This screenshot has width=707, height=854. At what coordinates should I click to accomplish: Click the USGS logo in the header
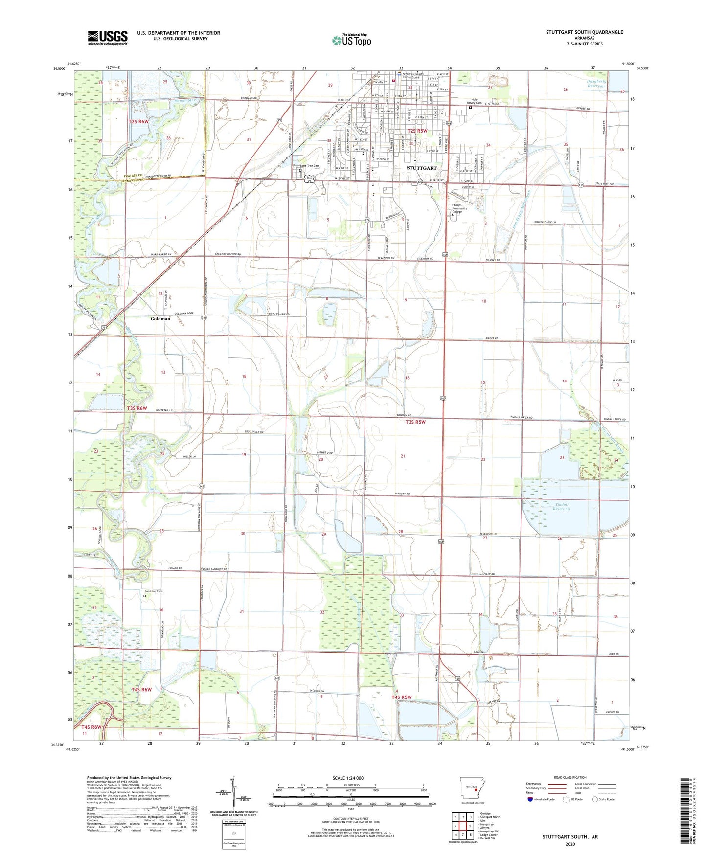point(108,38)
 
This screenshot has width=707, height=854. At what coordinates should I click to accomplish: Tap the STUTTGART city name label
point(421,168)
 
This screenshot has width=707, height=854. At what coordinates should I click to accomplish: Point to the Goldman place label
point(160,318)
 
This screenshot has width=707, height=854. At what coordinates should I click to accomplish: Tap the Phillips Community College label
point(459,208)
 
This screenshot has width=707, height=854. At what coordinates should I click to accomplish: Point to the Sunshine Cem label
point(153,591)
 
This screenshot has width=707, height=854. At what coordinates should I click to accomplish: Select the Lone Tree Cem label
point(309,166)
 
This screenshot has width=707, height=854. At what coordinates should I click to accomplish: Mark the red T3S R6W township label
point(137,408)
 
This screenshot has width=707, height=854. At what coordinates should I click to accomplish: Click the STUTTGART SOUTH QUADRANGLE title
point(584,32)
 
